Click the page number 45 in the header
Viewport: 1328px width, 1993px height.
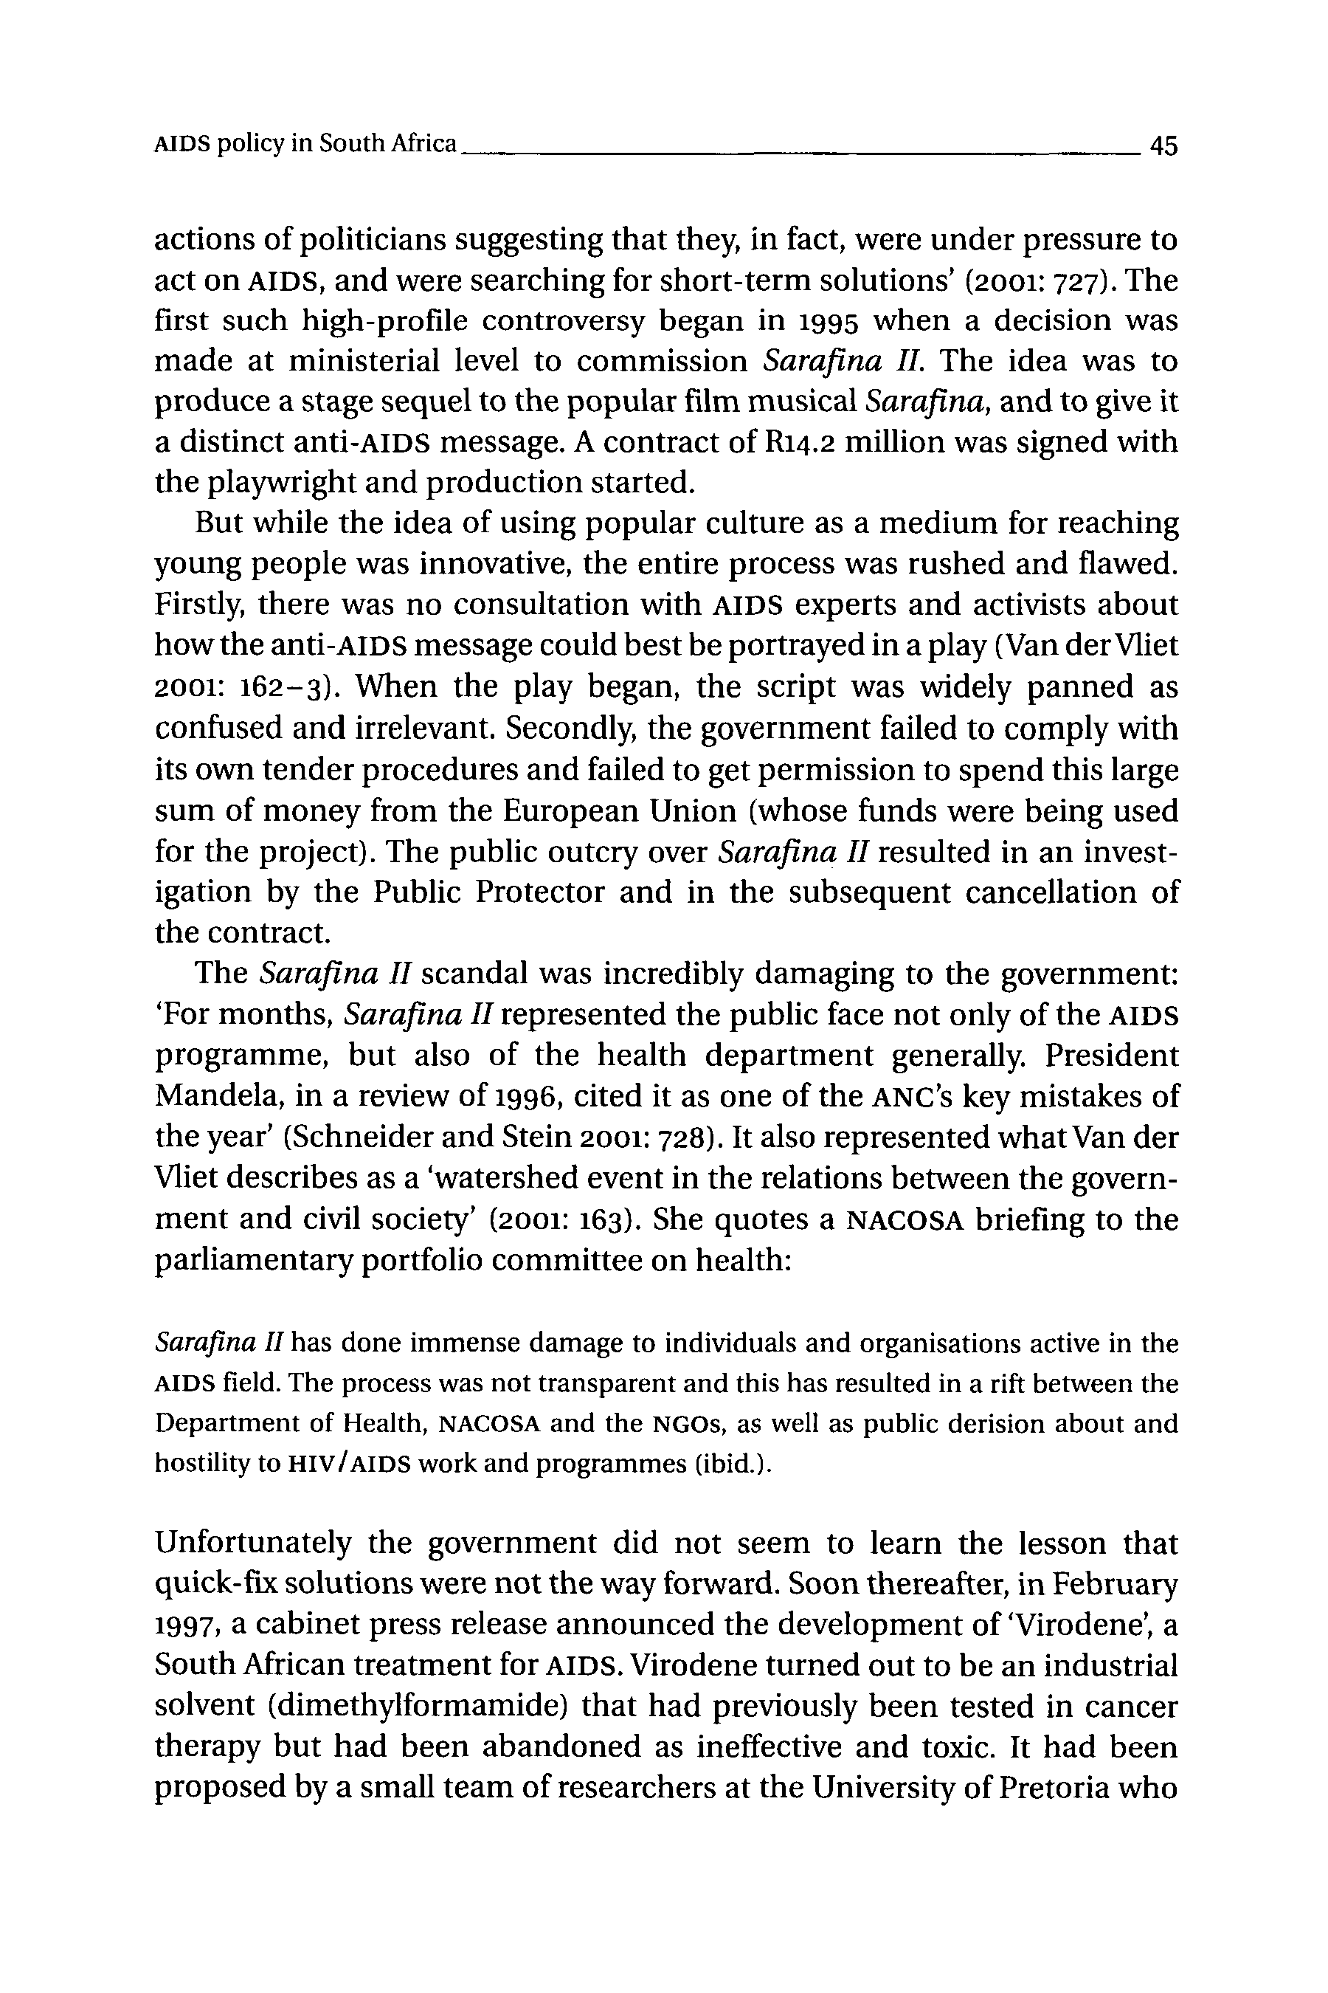[x=1163, y=145]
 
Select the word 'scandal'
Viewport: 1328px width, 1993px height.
[x=474, y=974]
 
